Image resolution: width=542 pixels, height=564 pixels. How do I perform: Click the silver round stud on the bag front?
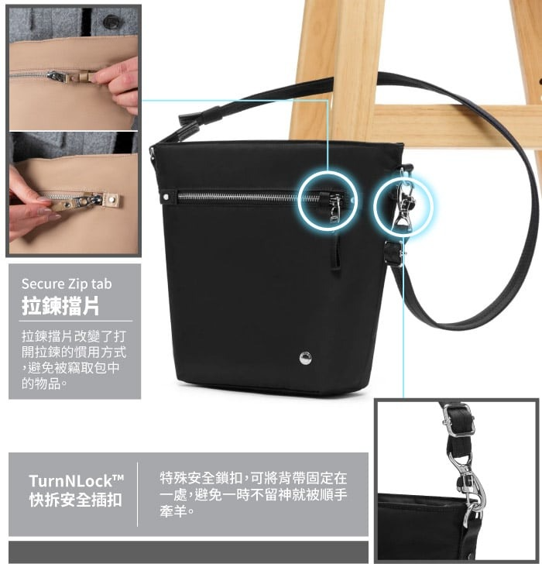coord(306,358)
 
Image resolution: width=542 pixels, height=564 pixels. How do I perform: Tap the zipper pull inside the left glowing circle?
coord(334,208)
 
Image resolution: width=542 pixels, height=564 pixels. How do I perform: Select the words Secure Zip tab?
coord(67,284)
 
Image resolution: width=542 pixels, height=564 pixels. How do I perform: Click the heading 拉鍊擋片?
coord(60,306)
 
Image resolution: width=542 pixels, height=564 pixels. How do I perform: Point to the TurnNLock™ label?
coord(76,480)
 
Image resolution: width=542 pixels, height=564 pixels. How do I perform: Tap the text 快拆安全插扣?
coord(75,500)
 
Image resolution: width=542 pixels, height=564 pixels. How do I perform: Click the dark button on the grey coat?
coord(112,22)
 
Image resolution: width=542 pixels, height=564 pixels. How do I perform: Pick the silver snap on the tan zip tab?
coord(111,198)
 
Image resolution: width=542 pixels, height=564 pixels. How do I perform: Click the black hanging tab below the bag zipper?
coord(336,252)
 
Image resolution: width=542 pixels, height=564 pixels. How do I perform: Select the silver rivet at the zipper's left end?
coord(166,197)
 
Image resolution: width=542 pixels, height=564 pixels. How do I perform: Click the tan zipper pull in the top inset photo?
coord(83,76)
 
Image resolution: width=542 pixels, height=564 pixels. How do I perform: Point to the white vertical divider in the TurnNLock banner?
coord(137,494)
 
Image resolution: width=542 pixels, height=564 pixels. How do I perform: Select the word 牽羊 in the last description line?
coord(173,511)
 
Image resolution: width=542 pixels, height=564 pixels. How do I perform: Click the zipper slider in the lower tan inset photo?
coord(85,200)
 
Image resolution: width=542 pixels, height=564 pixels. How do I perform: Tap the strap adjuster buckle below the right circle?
coord(394,253)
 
